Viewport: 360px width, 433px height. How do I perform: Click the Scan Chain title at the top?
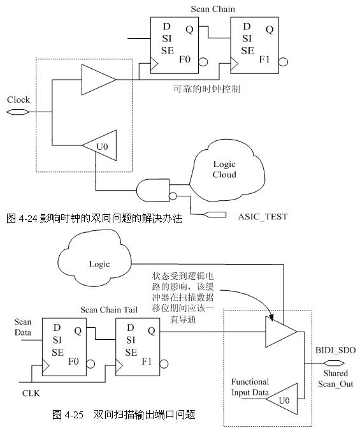pyautogui.click(x=213, y=9)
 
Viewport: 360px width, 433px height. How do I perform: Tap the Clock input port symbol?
pyautogui.click(x=17, y=112)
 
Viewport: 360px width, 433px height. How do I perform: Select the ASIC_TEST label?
pyautogui.click(x=263, y=217)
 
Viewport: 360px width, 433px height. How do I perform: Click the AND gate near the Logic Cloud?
pyautogui.click(x=153, y=190)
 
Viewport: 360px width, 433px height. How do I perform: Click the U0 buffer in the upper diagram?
pyautogui.click(x=99, y=145)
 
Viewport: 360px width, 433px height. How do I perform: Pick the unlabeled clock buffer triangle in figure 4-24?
pyautogui.click(x=99, y=80)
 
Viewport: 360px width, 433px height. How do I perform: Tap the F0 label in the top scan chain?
pyautogui.click(x=185, y=59)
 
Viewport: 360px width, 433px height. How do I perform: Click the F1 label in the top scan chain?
pyautogui.click(x=264, y=59)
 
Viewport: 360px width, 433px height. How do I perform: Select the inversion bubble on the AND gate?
pyautogui.click(x=173, y=196)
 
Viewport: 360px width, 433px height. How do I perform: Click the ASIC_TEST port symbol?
pyautogui.click(x=215, y=214)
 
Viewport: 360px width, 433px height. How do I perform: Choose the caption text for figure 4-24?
pyautogui.click(x=94, y=219)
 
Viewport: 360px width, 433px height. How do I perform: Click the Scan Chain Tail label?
pyautogui.click(x=109, y=309)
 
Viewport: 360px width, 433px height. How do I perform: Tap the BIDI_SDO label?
pyautogui.click(x=335, y=350)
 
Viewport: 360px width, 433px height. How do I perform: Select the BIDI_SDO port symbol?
pyautogui.click(x=334, y=363)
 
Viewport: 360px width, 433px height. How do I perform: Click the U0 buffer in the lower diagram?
pyautogui.click(x=282, y=399)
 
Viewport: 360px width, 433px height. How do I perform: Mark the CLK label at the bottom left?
pyautogui.click(x=31, y=393)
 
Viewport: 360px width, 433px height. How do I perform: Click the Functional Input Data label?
pyautogui.click(x=250, y=387)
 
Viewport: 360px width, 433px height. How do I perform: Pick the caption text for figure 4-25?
pyautogui.click(x=124, y=415)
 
